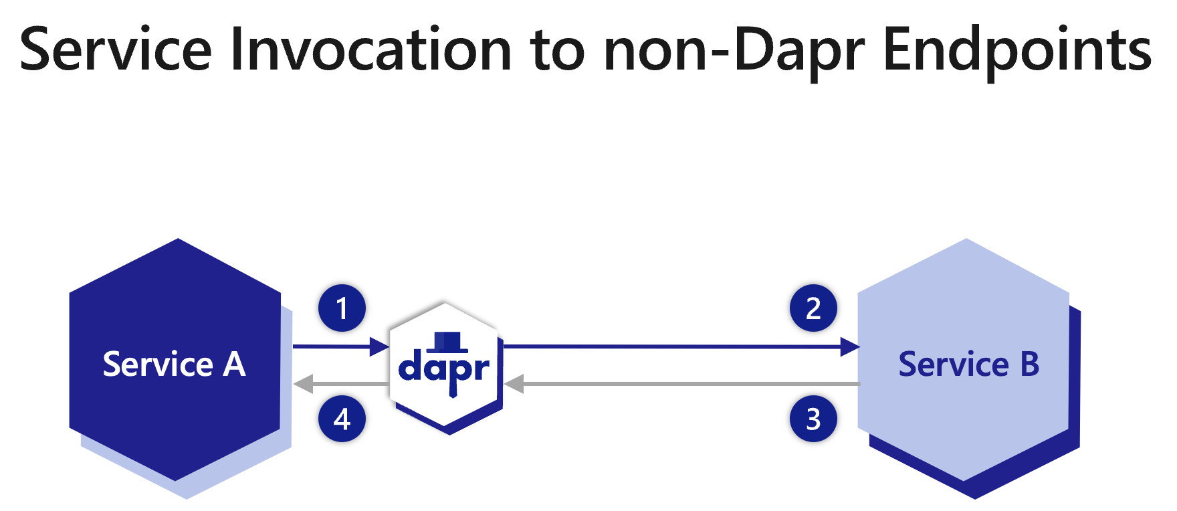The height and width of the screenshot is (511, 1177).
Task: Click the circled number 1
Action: coord(342,308)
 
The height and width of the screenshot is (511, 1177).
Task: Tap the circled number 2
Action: coord(813,308)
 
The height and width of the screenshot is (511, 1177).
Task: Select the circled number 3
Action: coord(813,419)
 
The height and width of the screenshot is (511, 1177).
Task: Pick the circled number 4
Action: coord(342,419)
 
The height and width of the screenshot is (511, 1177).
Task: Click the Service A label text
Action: coord(174,365)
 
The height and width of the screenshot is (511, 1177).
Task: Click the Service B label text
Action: coord(968,365)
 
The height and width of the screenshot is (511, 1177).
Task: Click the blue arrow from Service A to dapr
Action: coord(334,346)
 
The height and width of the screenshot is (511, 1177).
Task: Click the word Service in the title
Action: coord(116,49)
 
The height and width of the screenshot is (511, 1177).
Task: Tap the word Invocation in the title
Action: coord(370,49)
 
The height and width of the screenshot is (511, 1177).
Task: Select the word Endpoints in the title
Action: coord(1017,51)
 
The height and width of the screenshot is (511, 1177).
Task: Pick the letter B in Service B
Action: coord(1030,365)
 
